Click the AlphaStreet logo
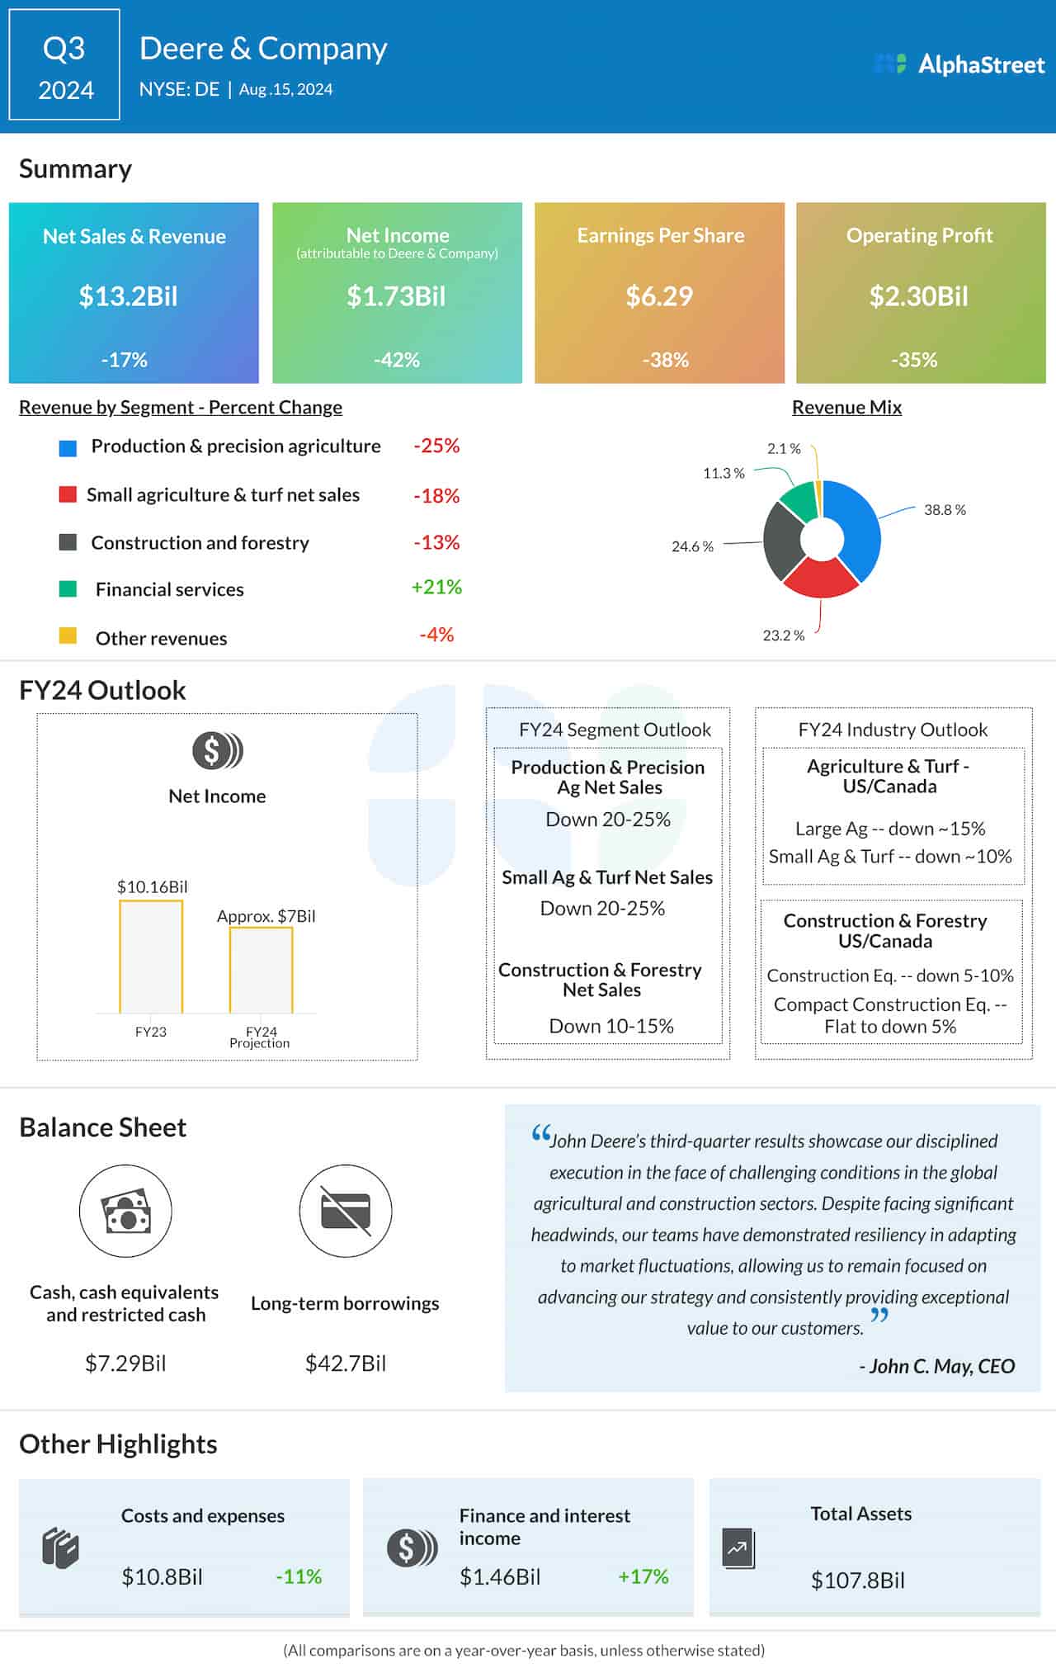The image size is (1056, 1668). (959, 64)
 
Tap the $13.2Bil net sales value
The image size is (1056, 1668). (128, 296)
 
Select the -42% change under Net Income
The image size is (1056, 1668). (397, 360)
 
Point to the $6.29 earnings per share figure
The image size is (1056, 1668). (659, 296)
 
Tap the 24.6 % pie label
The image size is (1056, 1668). (692, 546)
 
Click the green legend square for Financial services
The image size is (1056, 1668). (68, 589)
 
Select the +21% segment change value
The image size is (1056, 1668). (436, 587)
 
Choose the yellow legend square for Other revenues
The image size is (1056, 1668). (68, 636)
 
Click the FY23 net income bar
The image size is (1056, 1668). (151, 957)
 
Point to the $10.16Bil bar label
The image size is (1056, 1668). (152, 887)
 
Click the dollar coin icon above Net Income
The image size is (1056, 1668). (217, 751)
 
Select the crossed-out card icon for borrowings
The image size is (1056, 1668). (345, 1211)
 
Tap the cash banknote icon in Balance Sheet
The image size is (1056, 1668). (125, 1211)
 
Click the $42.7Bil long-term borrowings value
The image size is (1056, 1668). (345, 1363)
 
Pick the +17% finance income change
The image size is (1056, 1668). (643, 1576)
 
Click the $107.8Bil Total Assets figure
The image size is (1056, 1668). (857, 1581)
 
